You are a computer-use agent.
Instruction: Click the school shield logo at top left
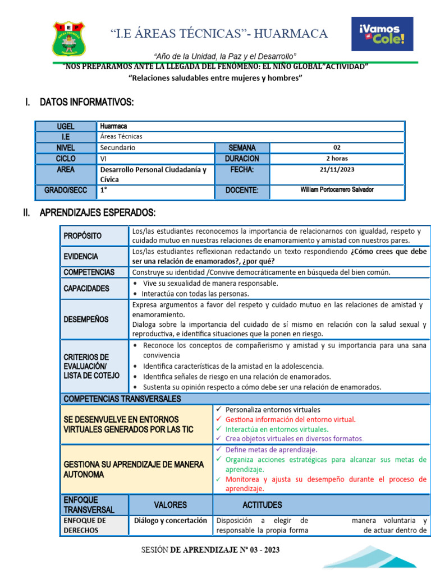click(69, 38)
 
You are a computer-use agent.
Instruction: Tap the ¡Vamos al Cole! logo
click(382, 34)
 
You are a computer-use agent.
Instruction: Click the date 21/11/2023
click(337, 169)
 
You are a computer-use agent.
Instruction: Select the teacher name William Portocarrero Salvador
click(337, 190)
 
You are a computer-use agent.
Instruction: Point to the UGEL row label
click(65, 127)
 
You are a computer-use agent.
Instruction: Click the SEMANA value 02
click(337, 147)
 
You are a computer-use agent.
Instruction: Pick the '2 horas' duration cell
click(337, 159)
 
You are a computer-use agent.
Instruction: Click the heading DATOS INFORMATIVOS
click(86, 102)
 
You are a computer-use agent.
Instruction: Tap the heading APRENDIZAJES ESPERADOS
click(97, 213)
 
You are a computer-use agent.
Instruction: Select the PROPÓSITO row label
click(82, 236)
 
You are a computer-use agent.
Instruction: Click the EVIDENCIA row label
click(81, 256)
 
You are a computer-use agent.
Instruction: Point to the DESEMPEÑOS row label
click(86, 319)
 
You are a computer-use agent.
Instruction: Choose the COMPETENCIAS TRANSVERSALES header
click(122, 399)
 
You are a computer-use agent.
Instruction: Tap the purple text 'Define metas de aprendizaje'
click(271, 450)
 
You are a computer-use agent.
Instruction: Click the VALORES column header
click(171, 505)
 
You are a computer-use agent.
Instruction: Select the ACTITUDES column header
click(262, 505)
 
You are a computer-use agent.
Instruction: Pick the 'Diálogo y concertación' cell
click(171, 520)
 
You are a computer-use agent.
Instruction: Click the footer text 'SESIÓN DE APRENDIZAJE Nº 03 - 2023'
click(210, 550)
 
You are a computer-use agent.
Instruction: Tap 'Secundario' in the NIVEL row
click(118, 147)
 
